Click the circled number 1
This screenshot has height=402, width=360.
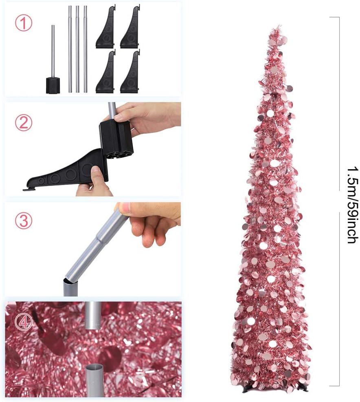tap(23, 23)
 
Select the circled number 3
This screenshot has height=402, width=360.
tap(23, 221)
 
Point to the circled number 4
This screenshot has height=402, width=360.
tap(23, 322)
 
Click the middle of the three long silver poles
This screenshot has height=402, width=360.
tap(77, 49)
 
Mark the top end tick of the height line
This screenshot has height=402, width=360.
tap(334, 18)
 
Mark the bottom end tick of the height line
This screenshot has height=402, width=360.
tap(334, 385)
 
